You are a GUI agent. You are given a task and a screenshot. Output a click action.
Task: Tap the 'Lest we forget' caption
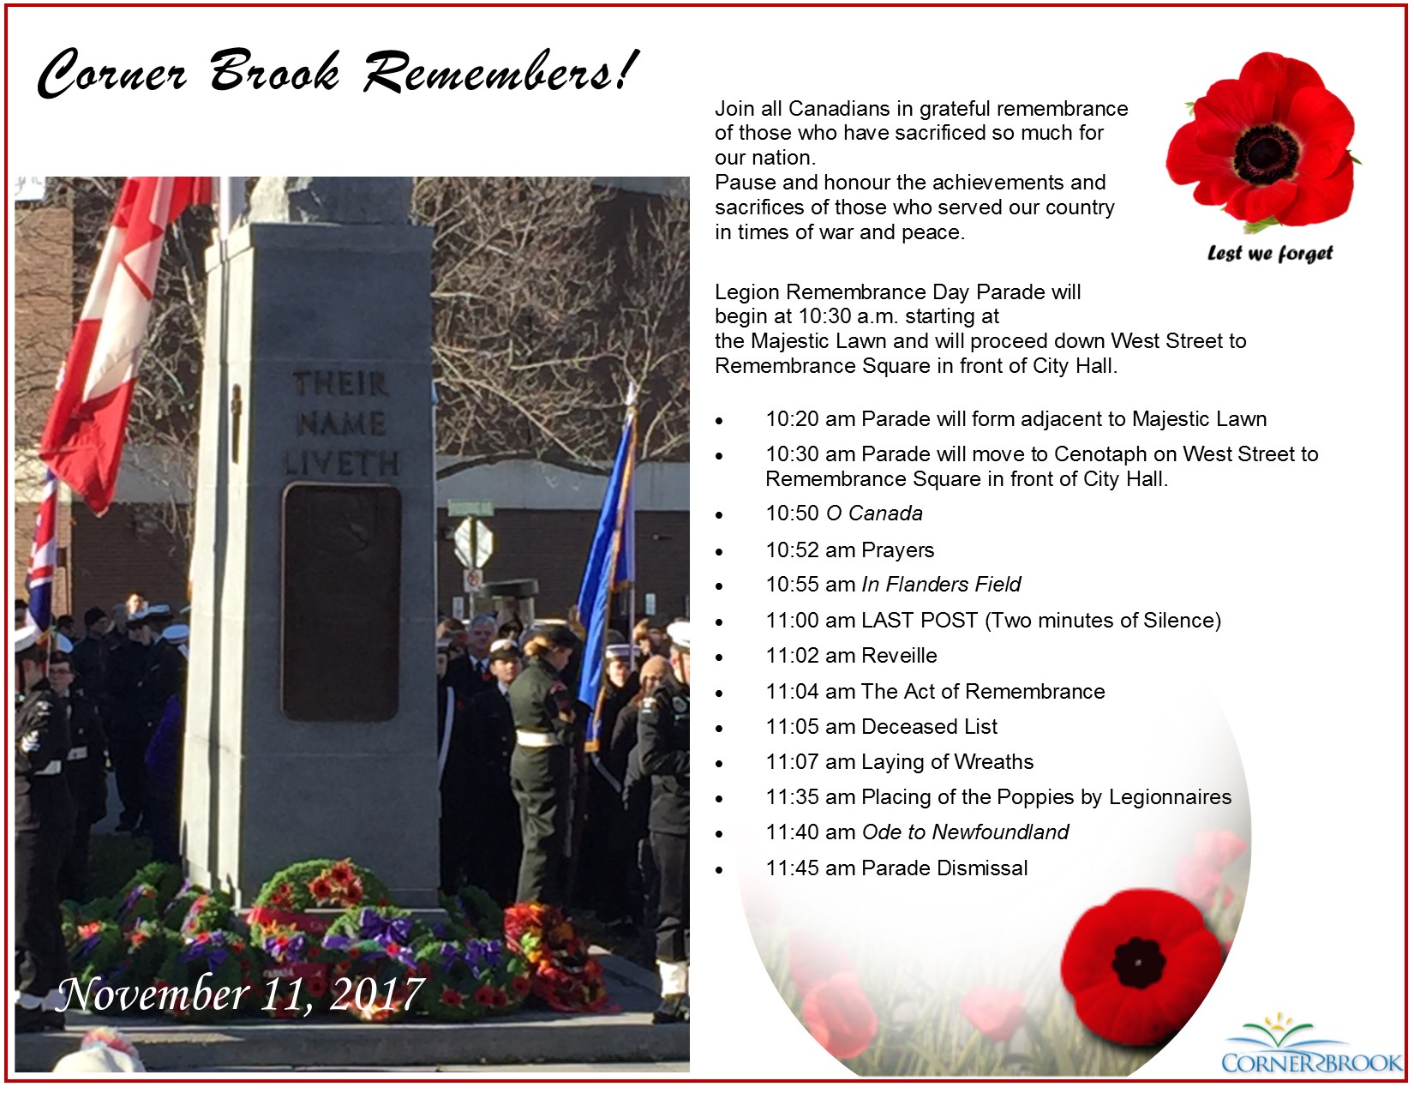[x=1269, y=253]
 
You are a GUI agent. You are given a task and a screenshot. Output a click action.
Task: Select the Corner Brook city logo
[x=1312, y=1044]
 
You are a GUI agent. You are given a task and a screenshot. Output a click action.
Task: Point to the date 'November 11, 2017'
[x=240, y=994]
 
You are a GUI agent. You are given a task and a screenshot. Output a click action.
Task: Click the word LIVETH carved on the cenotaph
[x=340, y=464]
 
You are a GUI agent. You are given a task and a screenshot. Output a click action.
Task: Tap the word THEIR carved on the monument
[x=340, y=383]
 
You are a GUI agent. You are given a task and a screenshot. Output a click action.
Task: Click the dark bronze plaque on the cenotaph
[x=341, y=602]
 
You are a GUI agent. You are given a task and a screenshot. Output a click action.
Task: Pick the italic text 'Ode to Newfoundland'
[x=965, y=832]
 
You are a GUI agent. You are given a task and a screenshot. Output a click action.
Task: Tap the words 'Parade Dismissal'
[x=944, y=868]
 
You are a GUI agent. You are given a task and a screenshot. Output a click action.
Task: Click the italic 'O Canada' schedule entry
[x=874, y=513]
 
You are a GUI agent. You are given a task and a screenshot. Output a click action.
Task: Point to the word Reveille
[x=899, y=656]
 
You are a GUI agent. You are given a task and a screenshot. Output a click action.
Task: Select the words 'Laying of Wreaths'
[x=948, y=762]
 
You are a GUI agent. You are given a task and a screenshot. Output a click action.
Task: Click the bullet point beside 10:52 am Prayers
[x=719, y=553]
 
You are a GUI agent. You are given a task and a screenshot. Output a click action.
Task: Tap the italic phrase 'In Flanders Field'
[x=941, y=585]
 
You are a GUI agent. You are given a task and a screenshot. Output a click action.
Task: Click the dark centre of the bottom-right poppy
[x=1138, y=963]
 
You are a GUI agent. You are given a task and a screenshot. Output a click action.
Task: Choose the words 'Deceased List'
[x=929, y=726]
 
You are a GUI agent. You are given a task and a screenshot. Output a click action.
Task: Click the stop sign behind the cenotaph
[x=473, y=542]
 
